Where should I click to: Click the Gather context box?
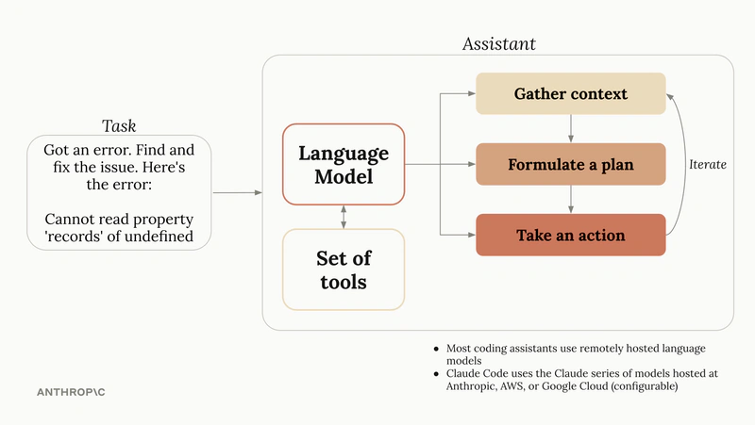pyautogui.click(x=570, y=94)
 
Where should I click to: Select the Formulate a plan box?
pyautogui.click(x=570, y=165)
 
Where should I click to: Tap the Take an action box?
pyautogui.click(x=570, y=235)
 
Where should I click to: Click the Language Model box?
pyautogui.click(x=344, y=164)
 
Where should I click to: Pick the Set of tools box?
pyautogui.click(x=344, y=269)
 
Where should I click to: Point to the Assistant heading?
pyautogui.click(x=499, y=44)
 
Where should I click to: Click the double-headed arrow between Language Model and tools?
pyautogui.click(x=344, y=217)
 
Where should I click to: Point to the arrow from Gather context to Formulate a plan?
pyautogui.click(x=570, y=129)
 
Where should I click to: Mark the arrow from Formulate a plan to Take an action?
pyautogui.click(x=570, y=200)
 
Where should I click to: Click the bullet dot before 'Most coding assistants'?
pyautogui.click(x=435, y=348)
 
